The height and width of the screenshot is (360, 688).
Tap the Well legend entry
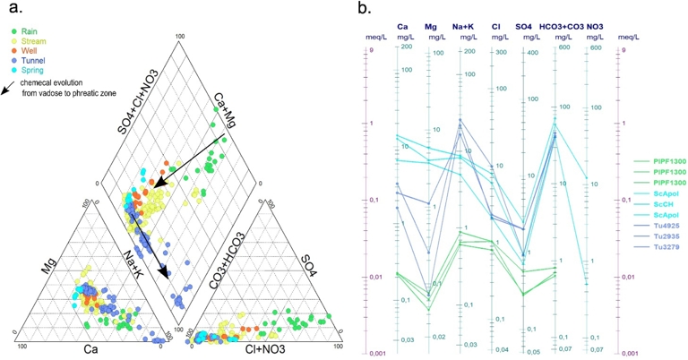pyautogui.click(x=25, y=51)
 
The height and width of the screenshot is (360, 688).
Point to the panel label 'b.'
pyautogui.click(x=365, y=8)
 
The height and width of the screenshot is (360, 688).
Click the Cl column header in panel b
pyautogui.click(x=495, y=27)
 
